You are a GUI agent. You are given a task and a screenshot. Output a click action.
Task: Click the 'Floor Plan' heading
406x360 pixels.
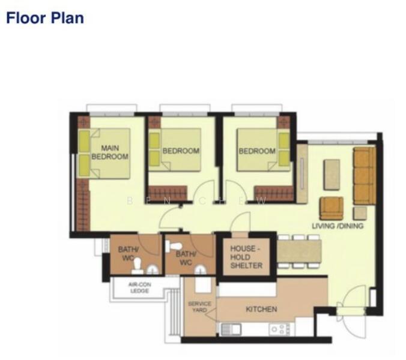tap(45, 17)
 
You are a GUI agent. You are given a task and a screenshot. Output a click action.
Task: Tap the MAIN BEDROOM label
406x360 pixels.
tap(110, 152)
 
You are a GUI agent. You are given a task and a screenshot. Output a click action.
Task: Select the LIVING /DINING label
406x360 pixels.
tap(338, 226)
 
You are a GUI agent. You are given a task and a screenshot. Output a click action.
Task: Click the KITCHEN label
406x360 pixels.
tap(262, 309)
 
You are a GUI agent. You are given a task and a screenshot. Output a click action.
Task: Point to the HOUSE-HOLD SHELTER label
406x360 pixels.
tap(246, 256)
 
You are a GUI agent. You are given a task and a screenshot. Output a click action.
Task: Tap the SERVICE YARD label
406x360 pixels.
tap(199, 307)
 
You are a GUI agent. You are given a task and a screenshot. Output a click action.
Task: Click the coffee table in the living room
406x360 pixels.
tap(332, 174)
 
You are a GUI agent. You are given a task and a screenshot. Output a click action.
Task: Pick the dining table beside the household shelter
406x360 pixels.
tap(298, 251)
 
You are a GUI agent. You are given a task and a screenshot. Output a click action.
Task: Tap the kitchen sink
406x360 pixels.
tap(231, 329)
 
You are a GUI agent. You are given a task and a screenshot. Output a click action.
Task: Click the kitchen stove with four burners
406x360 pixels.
tap(279, 329)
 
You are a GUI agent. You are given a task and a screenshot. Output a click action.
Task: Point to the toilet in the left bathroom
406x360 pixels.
tap(138, 265)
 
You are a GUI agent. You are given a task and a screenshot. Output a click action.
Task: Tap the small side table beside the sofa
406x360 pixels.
tap(360, 212)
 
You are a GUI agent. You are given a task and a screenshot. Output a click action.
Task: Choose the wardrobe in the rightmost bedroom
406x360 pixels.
tap(274, 193)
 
